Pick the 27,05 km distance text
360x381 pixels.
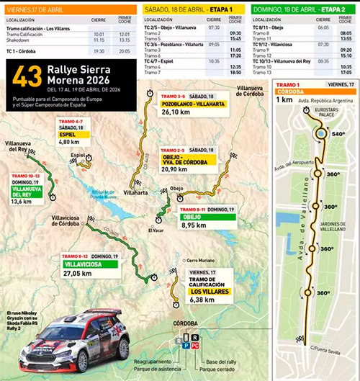click(80, 274)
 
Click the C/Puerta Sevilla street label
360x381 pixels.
click(328, 349)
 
